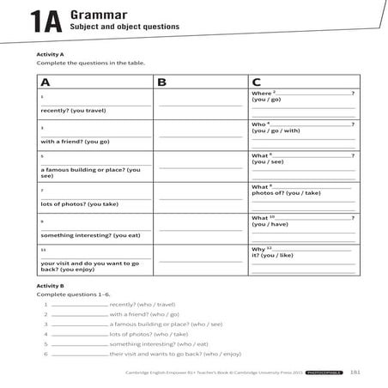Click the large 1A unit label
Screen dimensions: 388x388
point(44,21)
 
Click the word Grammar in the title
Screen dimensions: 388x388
point(96,14)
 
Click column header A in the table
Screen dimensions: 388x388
point(45,82)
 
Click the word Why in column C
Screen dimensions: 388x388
point(258,248)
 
